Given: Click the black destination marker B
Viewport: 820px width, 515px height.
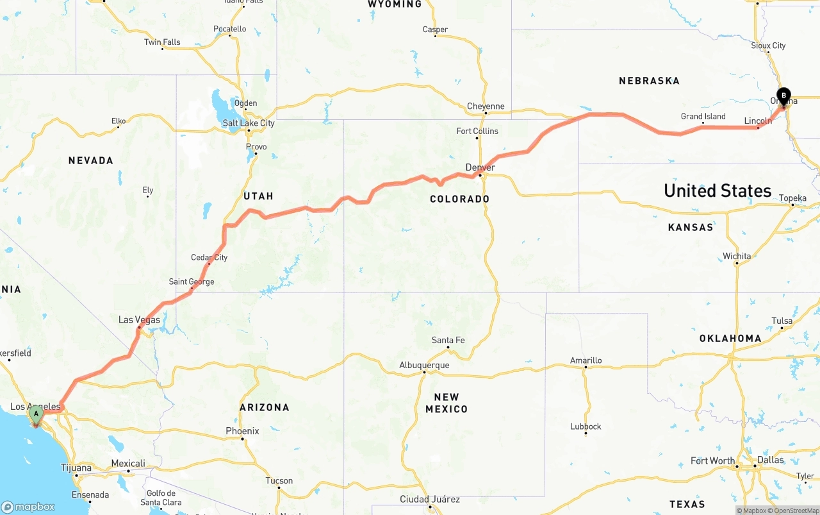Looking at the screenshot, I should [x=783, y=97].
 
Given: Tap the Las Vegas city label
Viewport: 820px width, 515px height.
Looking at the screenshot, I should [x=139, y=319].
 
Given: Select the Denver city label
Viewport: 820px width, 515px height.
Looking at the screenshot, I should [x=480, y=167].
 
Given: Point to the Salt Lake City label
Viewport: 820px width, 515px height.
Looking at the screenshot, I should [x=249, y=123].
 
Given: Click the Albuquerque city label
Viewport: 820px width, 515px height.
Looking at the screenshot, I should [x=424, y=365].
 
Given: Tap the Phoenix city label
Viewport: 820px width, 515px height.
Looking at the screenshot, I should [x=242, y=431].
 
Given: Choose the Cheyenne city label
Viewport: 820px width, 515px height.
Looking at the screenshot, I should [x=486, y=106].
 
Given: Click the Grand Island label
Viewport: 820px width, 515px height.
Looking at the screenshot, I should [x=703, y=116].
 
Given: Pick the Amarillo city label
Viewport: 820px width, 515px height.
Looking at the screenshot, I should [x=586, y=360].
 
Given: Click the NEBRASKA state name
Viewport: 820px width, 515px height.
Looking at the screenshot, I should [x=649, y=81].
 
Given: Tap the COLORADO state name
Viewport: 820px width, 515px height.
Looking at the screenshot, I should [x=459, y=199].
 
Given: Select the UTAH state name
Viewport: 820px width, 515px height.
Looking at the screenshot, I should [x=258, y=196].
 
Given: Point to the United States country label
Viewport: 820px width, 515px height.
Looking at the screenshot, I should [x=717, y=190].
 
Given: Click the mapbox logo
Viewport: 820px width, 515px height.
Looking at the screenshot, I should [x=28, y=507].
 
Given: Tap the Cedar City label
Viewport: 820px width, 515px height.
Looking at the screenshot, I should [x=209, y=257].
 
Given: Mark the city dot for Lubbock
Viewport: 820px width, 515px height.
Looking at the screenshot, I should [x=586, y=434].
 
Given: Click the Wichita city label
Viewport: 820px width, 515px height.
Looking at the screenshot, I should [x=737, y=256].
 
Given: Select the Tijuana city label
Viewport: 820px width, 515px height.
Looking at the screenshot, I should [x=76, y=468].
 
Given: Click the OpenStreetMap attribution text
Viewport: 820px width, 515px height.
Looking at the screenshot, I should [x=796, y=511].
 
